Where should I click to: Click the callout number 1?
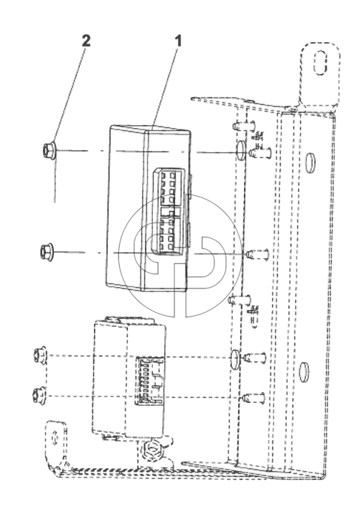click(x=178, y=41)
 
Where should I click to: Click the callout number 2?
click(x=86, y=41)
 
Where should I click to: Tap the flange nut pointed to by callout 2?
click(x=50, y=151)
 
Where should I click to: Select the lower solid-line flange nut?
click(x=47, y=252)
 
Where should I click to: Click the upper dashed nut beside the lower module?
click(x=41, y=355)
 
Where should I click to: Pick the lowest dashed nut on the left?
click(x=39, y=396)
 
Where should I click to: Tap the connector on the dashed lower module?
click(x=150, y=381)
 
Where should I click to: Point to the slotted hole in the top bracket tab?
click(x=321, y=63)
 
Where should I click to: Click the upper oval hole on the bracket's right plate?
click(x=311, y=162)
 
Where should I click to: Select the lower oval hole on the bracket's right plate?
click(x=305, y=371)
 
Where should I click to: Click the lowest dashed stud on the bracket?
click(x=254, y=398)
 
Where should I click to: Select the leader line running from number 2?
click(x=69, y=96)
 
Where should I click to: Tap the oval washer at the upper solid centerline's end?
click(x=240, y=151)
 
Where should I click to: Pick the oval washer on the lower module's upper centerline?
click(x=236, y=359)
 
